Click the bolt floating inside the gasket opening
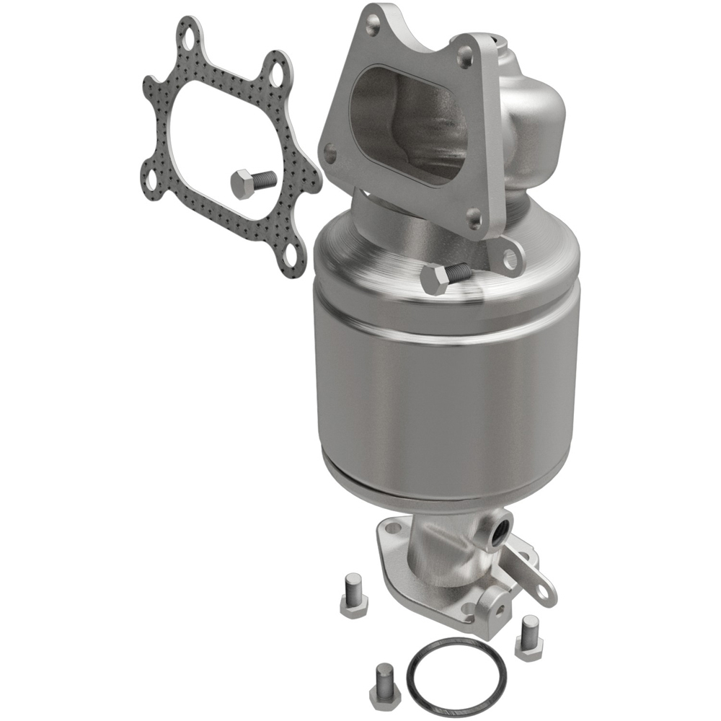click(252, 183)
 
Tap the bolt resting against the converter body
click(443, 277)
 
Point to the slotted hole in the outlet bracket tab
click(543, 588)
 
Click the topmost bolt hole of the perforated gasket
click(190, 35)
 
